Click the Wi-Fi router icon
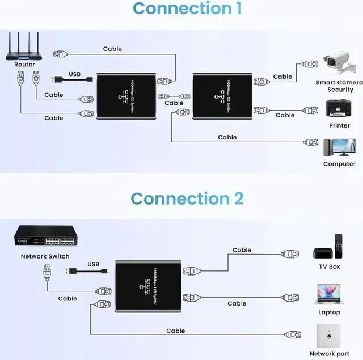(24, 46)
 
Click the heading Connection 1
(179, 9)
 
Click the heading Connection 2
(187, 198)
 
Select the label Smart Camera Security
(339, 86)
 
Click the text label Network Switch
(45, 256)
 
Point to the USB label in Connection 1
(74, 74)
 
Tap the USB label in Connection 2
(93, 264)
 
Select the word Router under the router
(24, 65)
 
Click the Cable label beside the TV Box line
(242, 249)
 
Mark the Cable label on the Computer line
(227, 137)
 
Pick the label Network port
(328, 354)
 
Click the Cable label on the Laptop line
(237, 303)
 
